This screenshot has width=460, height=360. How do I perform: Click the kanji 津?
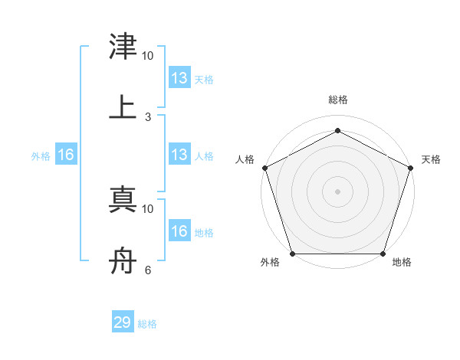pos(123,47)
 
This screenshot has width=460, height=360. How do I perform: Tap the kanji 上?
pos(123,106)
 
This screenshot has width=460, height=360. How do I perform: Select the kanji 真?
pos(123,200)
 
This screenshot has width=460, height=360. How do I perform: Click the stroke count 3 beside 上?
pos(148,116)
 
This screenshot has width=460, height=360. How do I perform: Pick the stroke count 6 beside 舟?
pos(148,270)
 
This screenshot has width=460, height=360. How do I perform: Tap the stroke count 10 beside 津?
pos(148,56)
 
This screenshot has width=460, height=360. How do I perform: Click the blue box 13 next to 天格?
pos(179,78)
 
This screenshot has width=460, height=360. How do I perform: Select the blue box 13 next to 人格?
pos(179,155)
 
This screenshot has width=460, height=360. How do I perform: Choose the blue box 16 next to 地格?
pos(179,231)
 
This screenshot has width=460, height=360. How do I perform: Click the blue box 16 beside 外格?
pos(66,155)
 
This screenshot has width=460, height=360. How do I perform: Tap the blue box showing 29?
pos(123,322)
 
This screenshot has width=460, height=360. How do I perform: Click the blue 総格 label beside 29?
pos(147,324)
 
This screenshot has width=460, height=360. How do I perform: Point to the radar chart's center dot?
pos(337,191)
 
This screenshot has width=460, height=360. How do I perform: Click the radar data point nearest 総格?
pos(337,131)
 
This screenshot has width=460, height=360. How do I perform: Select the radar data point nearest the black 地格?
pos(383,254)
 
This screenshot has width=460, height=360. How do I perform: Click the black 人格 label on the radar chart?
pos(245,159)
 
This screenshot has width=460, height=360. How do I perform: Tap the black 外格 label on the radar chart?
pos(270,263)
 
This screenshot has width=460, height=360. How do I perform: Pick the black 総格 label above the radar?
pos(338,100)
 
